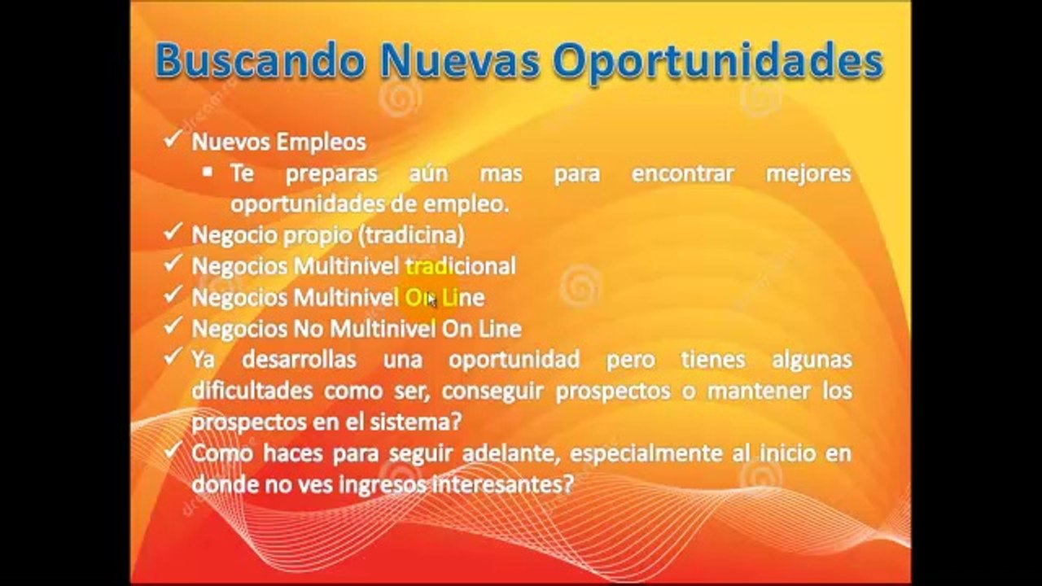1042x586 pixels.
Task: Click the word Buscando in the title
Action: click(x=260, y=61)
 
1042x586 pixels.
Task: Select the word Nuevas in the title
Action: click(x=460, y=61)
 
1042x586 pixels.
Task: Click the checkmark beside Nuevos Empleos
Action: click(x=172, y=139)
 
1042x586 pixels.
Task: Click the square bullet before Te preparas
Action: click(x=208, y=172)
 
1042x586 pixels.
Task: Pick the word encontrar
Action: click(x=682, y=173)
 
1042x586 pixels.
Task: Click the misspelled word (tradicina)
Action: click(x=412, y=235)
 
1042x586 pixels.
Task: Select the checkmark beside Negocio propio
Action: click(x=172, y=232)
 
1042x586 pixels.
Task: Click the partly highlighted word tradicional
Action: click(x=461, y=266)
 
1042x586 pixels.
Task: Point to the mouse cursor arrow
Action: click(x=431, y=300)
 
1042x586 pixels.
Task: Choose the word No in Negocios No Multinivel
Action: click(x=308, y=330)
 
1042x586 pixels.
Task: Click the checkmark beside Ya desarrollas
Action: click(x=172, y=356)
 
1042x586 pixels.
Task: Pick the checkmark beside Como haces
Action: click(x=172, y=450)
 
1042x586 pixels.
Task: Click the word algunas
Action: click(x=812, y=361)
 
